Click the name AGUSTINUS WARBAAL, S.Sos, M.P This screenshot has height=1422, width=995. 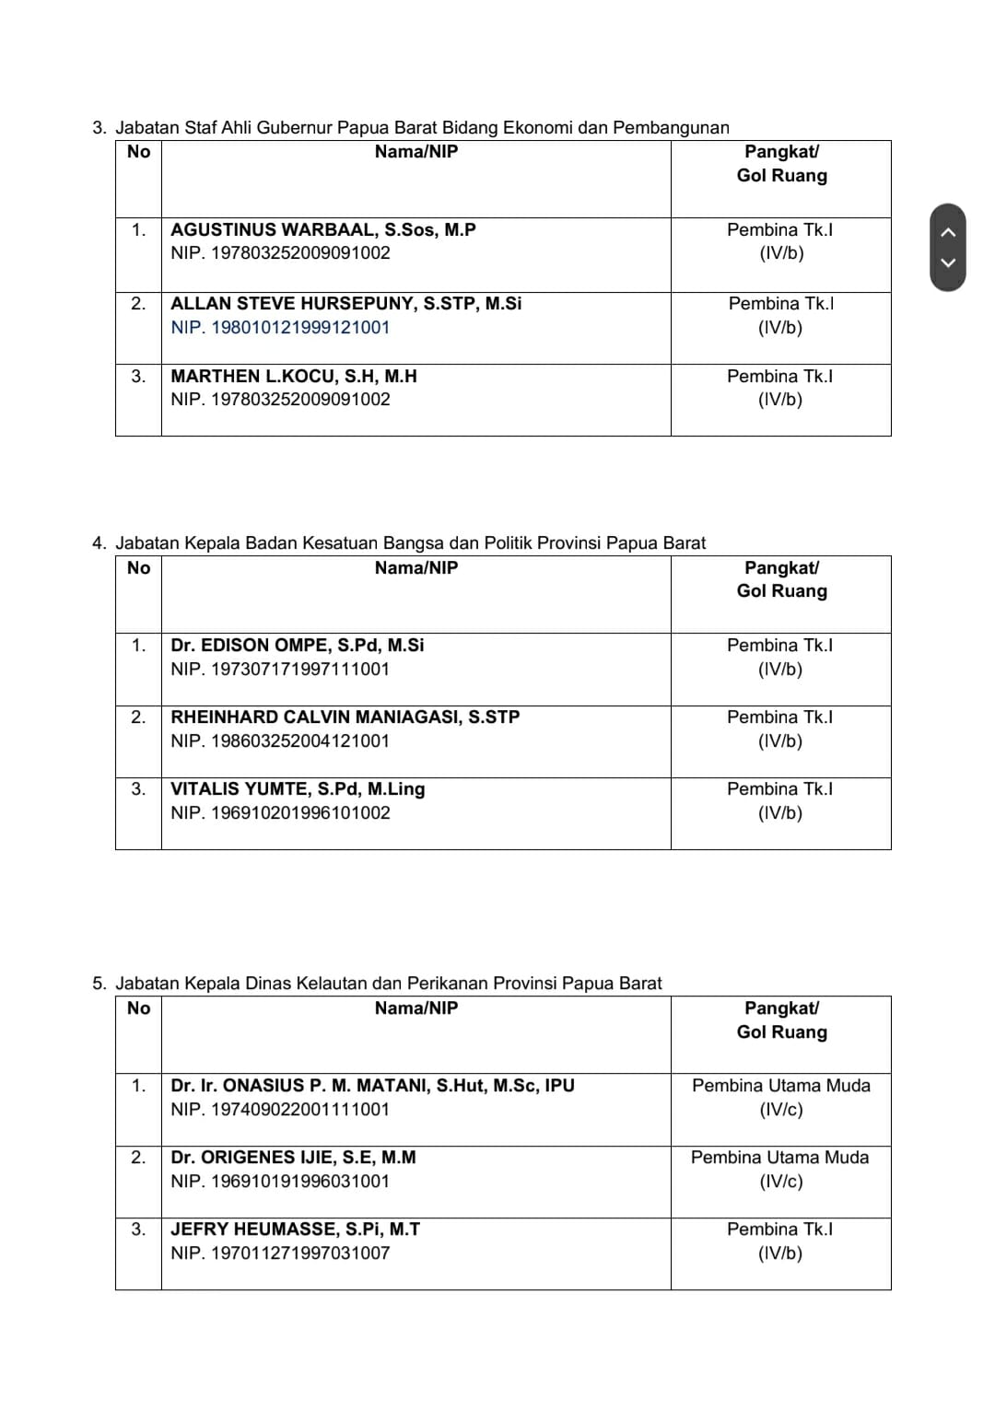(323, 229)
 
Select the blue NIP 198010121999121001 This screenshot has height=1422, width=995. (280, 327)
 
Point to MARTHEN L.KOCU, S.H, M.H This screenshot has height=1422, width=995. (294, 376)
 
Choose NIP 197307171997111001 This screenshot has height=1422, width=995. (280, 669)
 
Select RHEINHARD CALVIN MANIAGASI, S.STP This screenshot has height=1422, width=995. (345, 717)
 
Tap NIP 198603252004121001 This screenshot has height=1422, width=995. (280, 740)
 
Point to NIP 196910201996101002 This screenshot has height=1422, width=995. (280, 812)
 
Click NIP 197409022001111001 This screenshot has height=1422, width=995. (280, 1109)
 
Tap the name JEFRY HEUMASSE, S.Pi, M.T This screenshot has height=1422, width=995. (295, 1229)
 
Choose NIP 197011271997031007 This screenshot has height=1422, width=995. (280, 1253)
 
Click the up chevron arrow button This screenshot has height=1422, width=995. (948, 232)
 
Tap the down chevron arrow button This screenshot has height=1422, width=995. (948, 262)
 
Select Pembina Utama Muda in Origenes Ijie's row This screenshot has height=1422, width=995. (779, 1157)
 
